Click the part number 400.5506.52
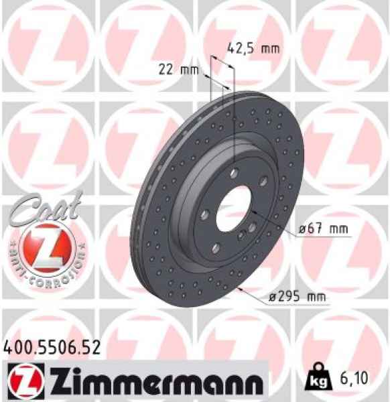[x=52, y=347]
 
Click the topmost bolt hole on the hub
[x=232, y=174]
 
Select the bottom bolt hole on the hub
[x=215, y=248]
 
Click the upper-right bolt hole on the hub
[x=263, y=180]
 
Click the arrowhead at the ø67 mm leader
[x=249, y=214]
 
